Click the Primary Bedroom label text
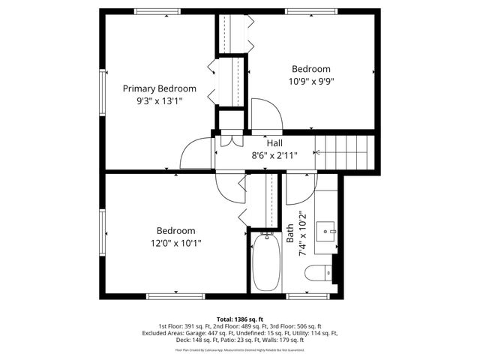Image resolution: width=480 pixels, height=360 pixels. (160, 88)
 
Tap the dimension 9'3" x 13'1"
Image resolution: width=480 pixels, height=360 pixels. (160, 100)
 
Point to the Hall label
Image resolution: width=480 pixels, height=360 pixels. (274, 143)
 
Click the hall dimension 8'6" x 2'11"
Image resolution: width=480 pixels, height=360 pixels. (274, 155)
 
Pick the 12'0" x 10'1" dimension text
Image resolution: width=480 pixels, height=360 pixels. (175, 242)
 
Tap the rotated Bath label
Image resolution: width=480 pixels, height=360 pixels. (290, 233)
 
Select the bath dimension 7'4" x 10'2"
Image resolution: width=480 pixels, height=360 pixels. (304, 233)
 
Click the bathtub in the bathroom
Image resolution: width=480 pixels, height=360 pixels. (264, 262)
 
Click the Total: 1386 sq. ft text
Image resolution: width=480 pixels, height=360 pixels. (239, 319)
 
